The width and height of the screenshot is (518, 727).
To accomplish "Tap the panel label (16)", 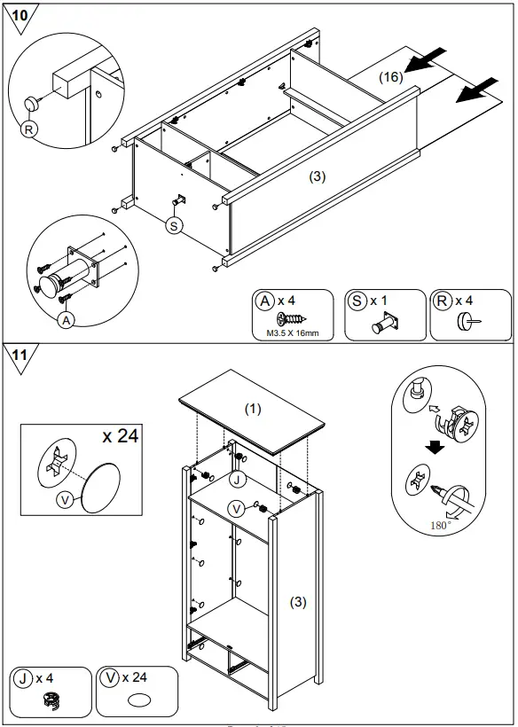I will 390,77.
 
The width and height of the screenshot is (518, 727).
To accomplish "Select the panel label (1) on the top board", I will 254,409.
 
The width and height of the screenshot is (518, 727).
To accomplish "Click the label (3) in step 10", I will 318,176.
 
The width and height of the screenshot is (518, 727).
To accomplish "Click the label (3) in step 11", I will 298,602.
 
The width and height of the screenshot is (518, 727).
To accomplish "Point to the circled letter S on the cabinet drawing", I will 174,226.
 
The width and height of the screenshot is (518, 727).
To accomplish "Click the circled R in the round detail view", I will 29,129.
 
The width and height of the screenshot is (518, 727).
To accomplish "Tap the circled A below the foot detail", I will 66,321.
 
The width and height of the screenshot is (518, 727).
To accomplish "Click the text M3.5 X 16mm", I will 292,333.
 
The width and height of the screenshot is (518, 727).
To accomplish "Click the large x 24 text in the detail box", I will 122,436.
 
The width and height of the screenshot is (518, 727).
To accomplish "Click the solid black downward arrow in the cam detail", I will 434,447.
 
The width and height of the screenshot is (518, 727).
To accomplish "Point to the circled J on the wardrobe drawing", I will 235,480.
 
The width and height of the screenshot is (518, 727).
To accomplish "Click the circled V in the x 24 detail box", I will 63,500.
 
